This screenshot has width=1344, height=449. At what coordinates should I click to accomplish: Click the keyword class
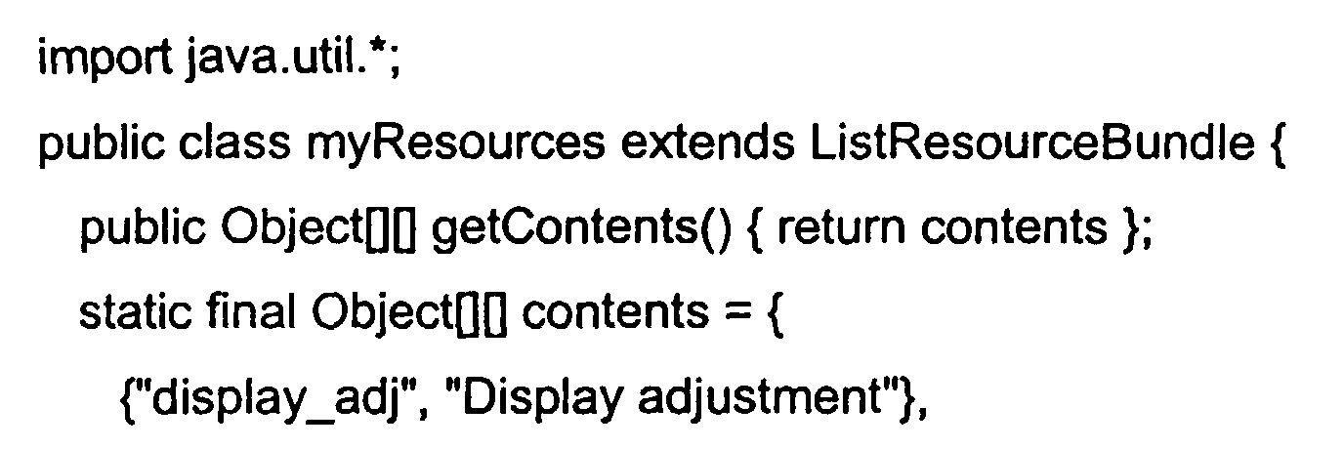click(234, 143)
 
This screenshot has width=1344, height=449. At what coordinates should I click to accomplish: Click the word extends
click(707, 143)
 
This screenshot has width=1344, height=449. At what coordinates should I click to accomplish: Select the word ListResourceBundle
click(1032, 143)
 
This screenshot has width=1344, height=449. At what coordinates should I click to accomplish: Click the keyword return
click(841, 227)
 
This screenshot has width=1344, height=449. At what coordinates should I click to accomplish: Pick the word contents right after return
click(1014, 227)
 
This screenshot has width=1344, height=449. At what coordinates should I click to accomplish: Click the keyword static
click(135, 311)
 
